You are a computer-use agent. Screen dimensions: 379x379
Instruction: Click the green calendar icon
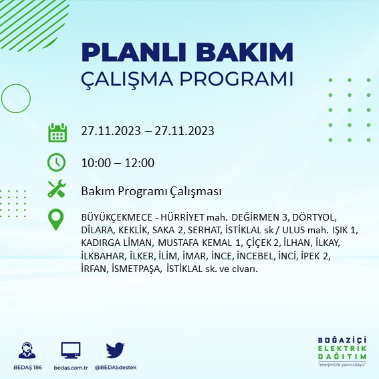(x=57, y=132)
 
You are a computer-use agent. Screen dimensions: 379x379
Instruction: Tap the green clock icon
(x=57, y=162)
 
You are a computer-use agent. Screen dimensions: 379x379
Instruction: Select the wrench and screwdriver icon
(x=57, y=190)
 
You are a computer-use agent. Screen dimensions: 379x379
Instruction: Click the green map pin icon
(x=57, y=220)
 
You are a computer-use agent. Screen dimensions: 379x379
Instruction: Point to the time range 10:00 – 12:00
(x=118, y=163)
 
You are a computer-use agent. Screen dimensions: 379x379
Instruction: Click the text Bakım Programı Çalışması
(x=150, y=192)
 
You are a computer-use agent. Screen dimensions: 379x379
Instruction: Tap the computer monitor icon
(x=70, y=350)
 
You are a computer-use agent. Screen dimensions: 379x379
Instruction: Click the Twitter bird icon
(x=116, y=350)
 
